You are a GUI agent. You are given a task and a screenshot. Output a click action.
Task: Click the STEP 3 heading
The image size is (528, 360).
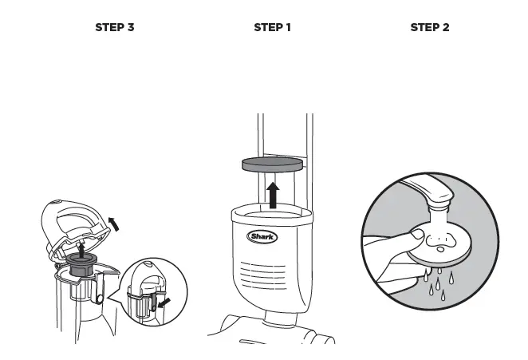pyautogui.click(x=114, y=27)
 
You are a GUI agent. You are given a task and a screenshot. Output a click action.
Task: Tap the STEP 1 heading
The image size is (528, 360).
pyautogui.click(x=272, y=27)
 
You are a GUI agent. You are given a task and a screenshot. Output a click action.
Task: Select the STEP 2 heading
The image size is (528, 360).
pyautogui.click(x=429, y=27)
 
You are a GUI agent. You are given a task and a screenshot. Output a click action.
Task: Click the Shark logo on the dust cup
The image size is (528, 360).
pyautogui.click(x=262, y=236)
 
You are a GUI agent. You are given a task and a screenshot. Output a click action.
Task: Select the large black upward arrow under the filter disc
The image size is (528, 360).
pyautogui.click(x=274, y=193)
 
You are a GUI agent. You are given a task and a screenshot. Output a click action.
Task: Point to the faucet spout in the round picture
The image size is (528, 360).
pyautogui.click(x=431, y=195)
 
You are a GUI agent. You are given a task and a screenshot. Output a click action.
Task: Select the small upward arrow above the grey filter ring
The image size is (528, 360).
pyautogui.click(x=82, y=250)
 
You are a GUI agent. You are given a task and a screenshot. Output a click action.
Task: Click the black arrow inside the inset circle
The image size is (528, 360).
pyautogui.click(x=165, y=303)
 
